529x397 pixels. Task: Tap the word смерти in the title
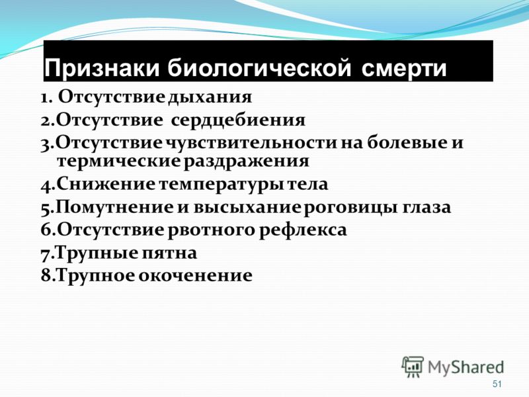[404, 69]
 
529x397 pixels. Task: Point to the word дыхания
[210, 97]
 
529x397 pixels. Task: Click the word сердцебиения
[238, 120]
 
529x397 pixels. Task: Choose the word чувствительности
[252, 142]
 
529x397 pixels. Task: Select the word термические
[119, 161]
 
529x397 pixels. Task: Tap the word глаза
[427, 207]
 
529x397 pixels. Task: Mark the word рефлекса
[304, 230]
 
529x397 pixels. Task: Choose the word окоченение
[196, 275]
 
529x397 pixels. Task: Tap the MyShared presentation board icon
[413, 367]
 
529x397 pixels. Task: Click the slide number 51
[497, 384]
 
